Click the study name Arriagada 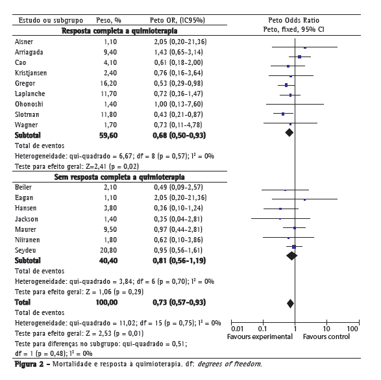tap(29, 52)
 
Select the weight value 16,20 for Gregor tap(108, 83)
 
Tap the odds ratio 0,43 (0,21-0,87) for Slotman tap(178, 114)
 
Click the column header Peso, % tap(108, 20)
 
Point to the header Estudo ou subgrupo tap(51, 20)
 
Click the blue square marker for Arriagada tap(299, 57)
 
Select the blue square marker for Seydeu tap(294, 247)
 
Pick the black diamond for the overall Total tap(290, 303)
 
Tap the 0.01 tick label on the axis tap(237, 329)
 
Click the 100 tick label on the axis tap(352, 329)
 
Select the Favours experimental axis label tap(260, 336)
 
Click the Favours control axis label tap(326, 336)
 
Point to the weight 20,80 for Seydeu tap(108, 250)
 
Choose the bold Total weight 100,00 tap(106, 303)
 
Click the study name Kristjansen tap(31, 73)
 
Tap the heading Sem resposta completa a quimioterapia tap(119, 177)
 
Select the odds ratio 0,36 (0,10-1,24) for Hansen tap(178, 208)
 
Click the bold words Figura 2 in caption tap(29, 364)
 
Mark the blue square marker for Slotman tap(283, 114)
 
